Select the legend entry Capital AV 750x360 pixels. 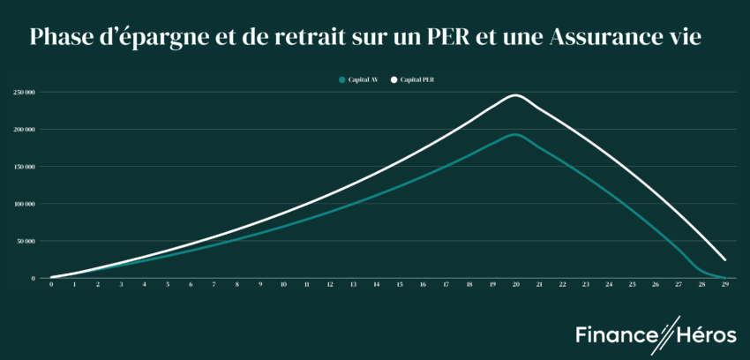(x=360, y=79)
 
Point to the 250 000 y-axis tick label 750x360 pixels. (x=24, y=92)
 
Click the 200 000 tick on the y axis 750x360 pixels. (x=24, y=130)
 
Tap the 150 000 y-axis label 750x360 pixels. (x=24, y=167)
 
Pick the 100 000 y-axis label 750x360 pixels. (x=24, y=204)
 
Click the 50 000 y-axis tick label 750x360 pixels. (x=26, y=241)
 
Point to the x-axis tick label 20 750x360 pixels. (x=515, y=286)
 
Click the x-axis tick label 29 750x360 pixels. (x=724, y=286)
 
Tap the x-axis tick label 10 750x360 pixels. (x=283, y=286)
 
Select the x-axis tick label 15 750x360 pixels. (x=400, y=286)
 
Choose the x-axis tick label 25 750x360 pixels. (x=632, y=286)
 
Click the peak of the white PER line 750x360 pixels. (x=515, y=95)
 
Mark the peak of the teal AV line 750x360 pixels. (x=515, y=134)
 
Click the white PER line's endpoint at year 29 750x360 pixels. (x=724, y=260)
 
